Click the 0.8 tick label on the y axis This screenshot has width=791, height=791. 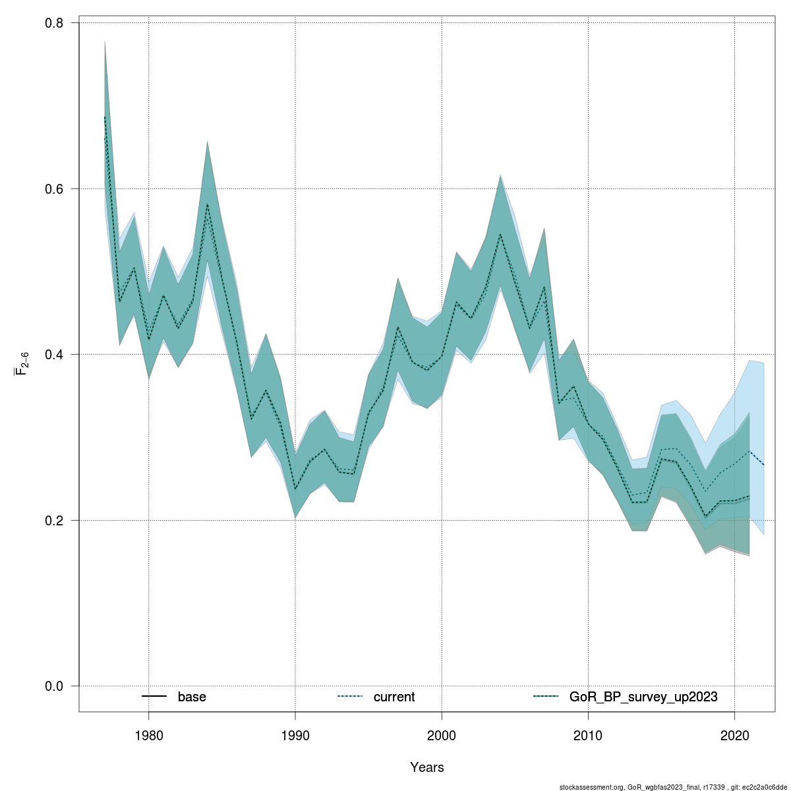click(x=54, y=23)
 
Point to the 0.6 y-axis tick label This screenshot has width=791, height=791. click(x=54, y=189)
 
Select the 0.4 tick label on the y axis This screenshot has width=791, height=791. click(x=54, y=355)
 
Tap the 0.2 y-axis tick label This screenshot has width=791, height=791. click(x=54, y=520)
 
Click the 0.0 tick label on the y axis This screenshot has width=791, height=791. click(x=54, y=686)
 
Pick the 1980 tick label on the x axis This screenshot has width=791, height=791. click(x=148, y=735)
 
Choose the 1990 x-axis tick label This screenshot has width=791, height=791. click(x=295, y=735)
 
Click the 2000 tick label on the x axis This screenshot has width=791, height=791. click(x=442, y=735)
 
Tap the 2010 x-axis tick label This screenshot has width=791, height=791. click(x=588, y=735)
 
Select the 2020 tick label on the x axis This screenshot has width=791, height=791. click(x=734, y=735)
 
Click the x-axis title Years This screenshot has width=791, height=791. click(x=427, y=767)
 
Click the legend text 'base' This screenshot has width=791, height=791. click(x=192, y=697)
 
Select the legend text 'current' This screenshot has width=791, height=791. click(x=394, y=697)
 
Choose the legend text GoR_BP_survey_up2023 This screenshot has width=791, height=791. click(x=643, y=697)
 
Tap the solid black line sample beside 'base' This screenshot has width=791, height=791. click(x=154, y=697)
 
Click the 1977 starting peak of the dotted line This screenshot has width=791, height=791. click(x=105, y=117)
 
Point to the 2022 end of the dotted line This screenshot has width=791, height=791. click(x=763, y=465)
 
